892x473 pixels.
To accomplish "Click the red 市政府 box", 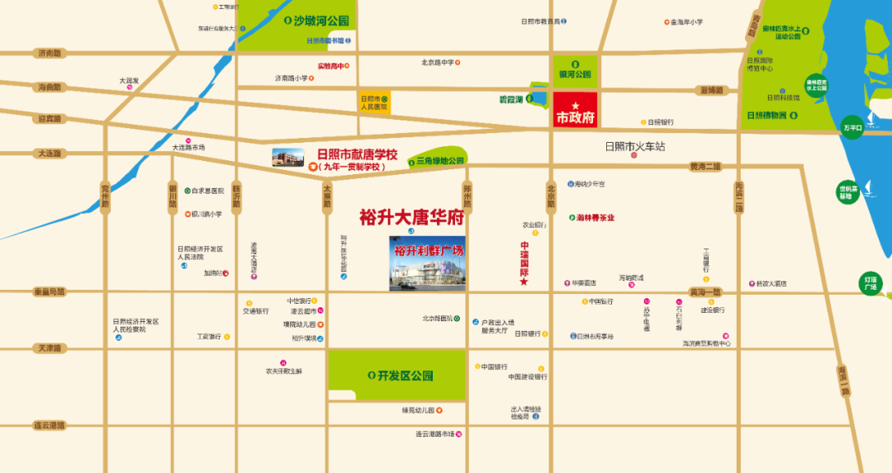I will (575, 111).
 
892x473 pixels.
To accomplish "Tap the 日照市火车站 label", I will (634, 146).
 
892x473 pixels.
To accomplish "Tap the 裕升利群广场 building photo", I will (427, 264).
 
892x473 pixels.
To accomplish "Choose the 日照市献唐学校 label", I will (357, 154).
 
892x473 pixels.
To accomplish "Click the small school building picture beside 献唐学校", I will (288, 158).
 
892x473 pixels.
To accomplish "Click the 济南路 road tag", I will (50, 53).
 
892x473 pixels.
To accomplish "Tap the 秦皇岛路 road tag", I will (49, 291).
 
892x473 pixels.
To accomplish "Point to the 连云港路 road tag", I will (49, 426).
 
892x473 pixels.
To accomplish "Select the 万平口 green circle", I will (852, 128).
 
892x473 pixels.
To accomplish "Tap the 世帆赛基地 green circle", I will (847, 191).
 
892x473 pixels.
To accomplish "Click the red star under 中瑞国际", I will (524, 282).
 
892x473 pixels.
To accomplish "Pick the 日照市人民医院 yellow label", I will (374, 102).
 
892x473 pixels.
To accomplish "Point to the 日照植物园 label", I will (766, 116).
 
